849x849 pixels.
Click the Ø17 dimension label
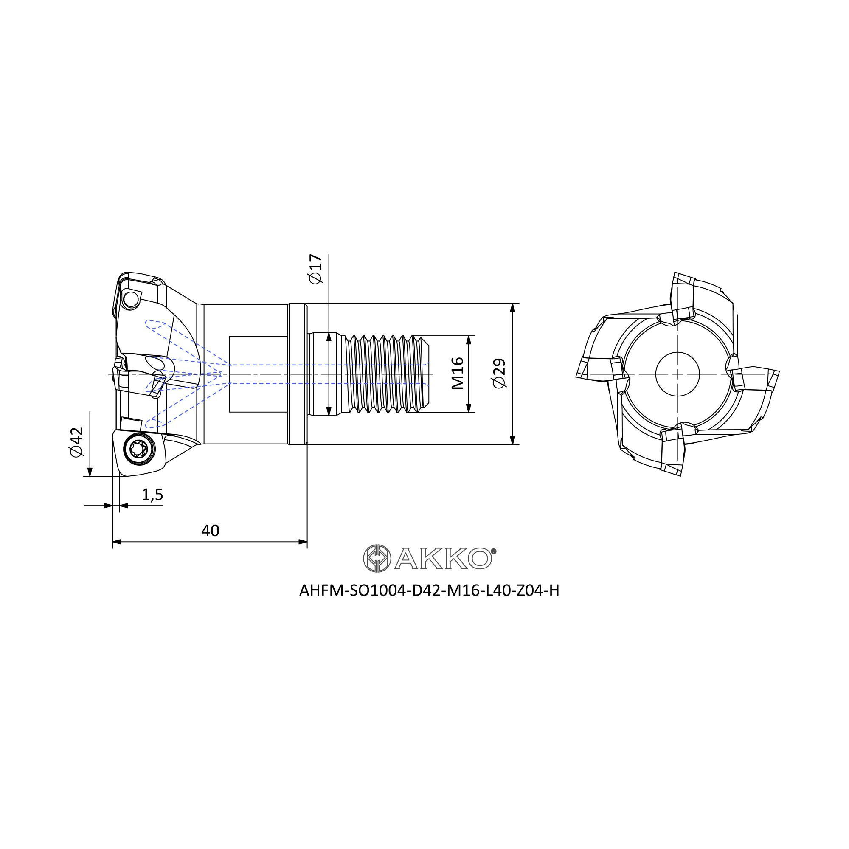316,269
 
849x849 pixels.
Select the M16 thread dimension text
458,373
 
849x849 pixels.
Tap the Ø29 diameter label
499,374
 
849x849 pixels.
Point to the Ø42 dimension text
76,441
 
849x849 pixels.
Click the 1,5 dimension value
152,495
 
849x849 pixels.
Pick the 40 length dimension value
210,531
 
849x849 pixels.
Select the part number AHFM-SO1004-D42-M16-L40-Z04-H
429,591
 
